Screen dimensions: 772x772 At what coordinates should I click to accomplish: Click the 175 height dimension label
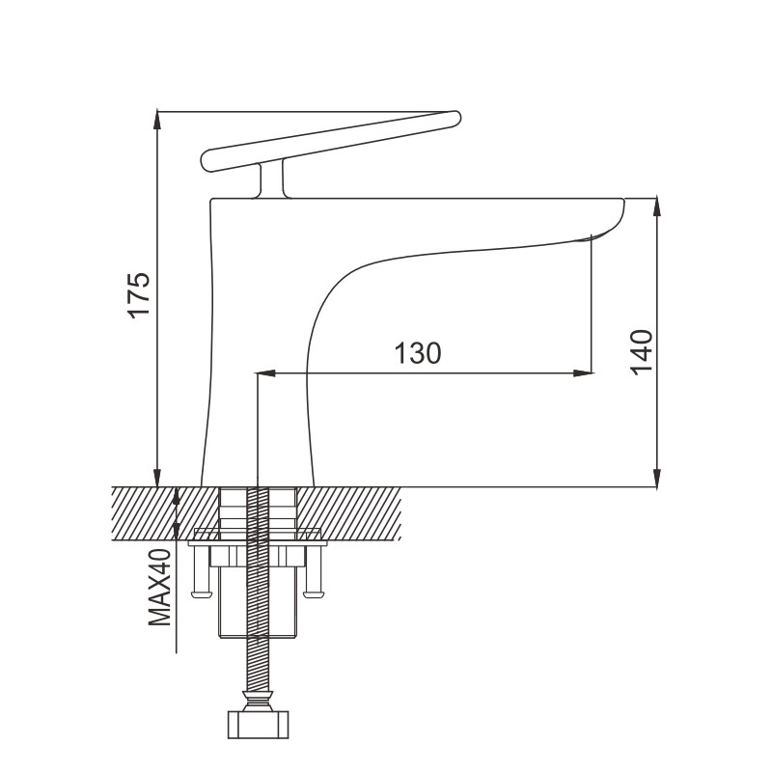(138, 294)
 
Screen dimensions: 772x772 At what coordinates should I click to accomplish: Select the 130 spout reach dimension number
(418, 353)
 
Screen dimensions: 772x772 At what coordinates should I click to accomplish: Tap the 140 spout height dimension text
(642, 352)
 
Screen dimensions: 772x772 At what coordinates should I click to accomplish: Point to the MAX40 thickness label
(160, 587)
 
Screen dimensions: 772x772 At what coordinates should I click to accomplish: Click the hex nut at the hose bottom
(258, 725)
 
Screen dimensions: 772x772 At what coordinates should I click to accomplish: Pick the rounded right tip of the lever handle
(455, 118)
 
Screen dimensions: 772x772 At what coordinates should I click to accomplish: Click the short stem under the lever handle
(272, 180)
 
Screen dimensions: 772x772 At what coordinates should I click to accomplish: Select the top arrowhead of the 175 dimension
(157, 121)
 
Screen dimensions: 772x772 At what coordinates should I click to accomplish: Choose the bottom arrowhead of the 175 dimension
(157, 477)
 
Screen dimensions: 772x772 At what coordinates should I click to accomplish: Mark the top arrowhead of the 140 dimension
(656, 207)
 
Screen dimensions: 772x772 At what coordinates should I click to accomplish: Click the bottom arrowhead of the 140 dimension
(656, 478)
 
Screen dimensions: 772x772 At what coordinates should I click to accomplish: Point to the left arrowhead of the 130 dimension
(266, 373)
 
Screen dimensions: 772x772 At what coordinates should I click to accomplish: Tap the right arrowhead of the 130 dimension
(583, 373)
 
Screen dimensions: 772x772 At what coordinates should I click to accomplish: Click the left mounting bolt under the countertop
(201, 571)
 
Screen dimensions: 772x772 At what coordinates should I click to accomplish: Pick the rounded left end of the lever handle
(208, 160)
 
